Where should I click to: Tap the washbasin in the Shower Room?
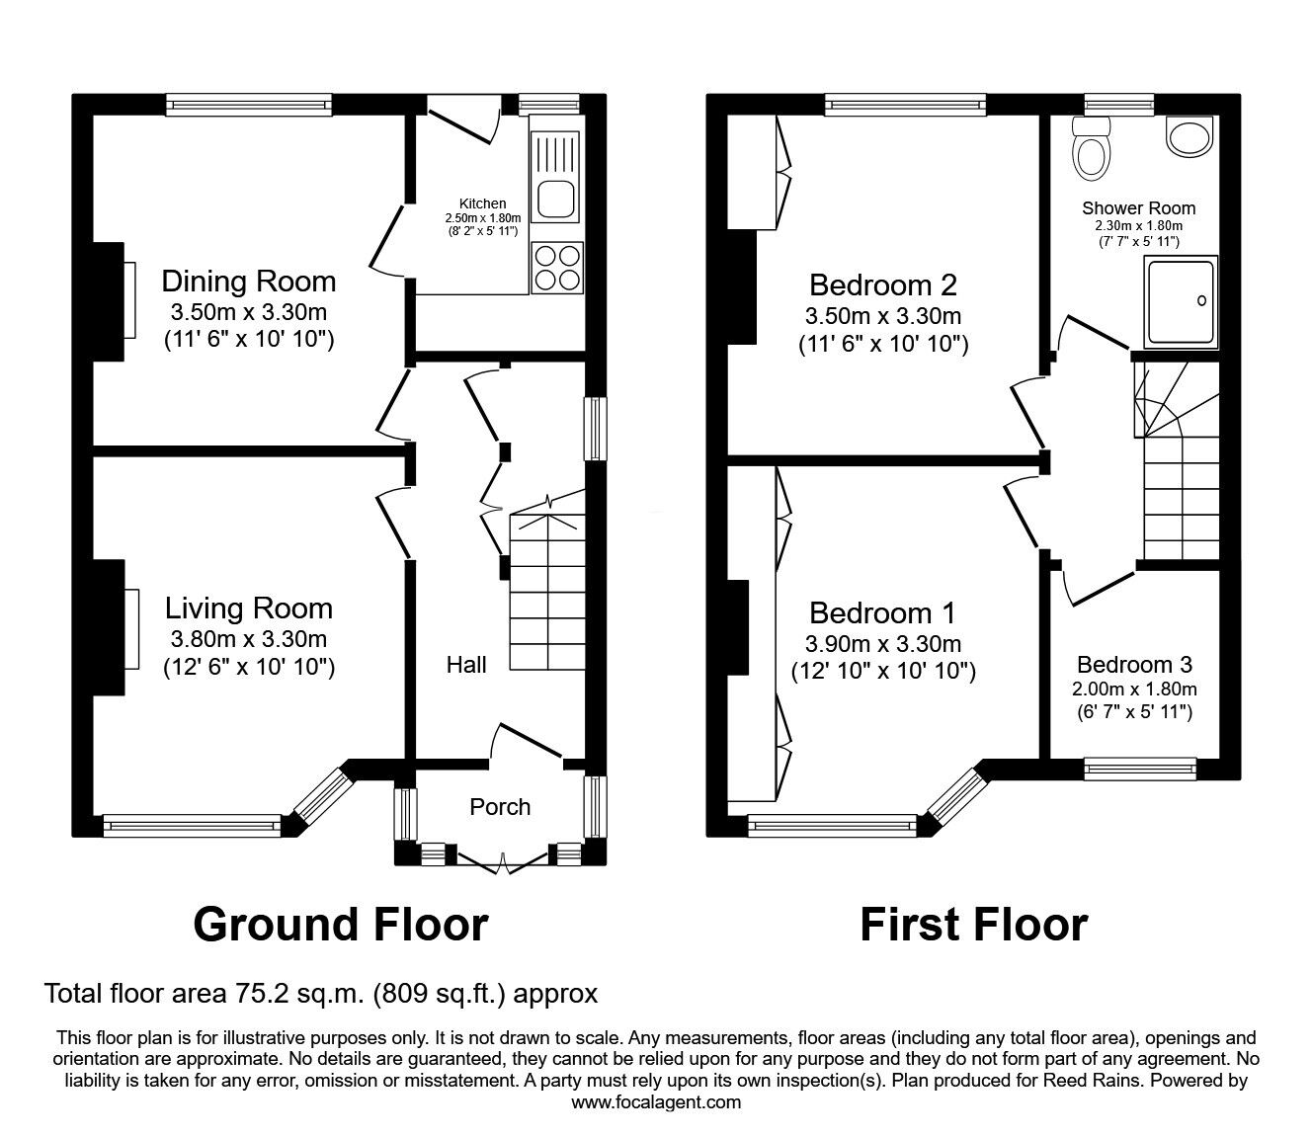click(1189, 136)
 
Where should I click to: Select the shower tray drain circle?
click(1201, 301)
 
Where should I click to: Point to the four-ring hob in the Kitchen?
click(556, 268)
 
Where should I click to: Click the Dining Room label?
click(248, 282)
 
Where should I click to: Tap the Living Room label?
click(249, 609)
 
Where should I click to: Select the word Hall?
click(466, 665)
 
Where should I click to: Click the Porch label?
click(500, 807)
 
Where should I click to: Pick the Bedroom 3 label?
click(1134, 664)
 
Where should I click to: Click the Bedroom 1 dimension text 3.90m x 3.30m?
click(883, 644)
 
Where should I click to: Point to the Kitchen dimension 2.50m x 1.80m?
click(482, 217)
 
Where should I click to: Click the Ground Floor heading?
click(341, 925)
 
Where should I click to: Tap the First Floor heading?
click(974, 925)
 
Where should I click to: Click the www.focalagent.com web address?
click(656, 1102)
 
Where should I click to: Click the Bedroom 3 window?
click(1140, 769)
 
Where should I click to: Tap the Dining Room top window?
click(249, 105)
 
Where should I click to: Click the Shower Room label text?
click(1139, 208)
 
